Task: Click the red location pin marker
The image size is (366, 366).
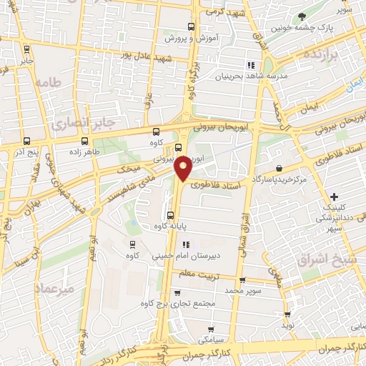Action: [x=183, y=168]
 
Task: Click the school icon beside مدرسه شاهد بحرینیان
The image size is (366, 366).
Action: [x=250, y=66]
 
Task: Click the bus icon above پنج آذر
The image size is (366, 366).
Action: [x=26, y=142]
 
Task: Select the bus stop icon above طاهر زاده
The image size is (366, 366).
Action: [x=85, y=141]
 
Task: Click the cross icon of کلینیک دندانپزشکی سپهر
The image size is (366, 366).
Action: [x=334, y=197]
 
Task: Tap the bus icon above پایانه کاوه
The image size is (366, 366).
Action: [x=170, y=216]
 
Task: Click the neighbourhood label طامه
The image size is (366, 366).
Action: [x=47, y=83]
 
